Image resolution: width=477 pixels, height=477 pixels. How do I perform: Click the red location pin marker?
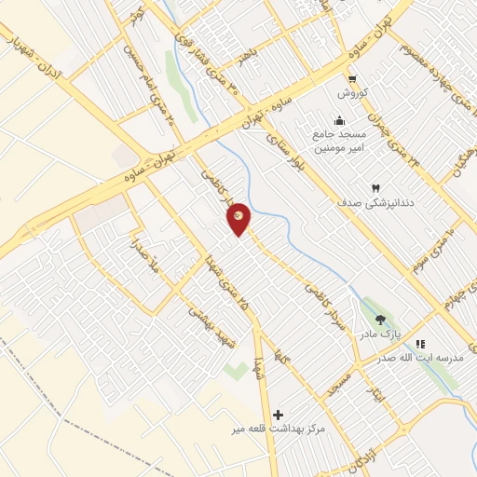click(239, 219)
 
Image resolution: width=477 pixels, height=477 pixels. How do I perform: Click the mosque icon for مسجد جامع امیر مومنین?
click(338, 120)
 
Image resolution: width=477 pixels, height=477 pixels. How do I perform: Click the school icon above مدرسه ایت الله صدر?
click(420, 344)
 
